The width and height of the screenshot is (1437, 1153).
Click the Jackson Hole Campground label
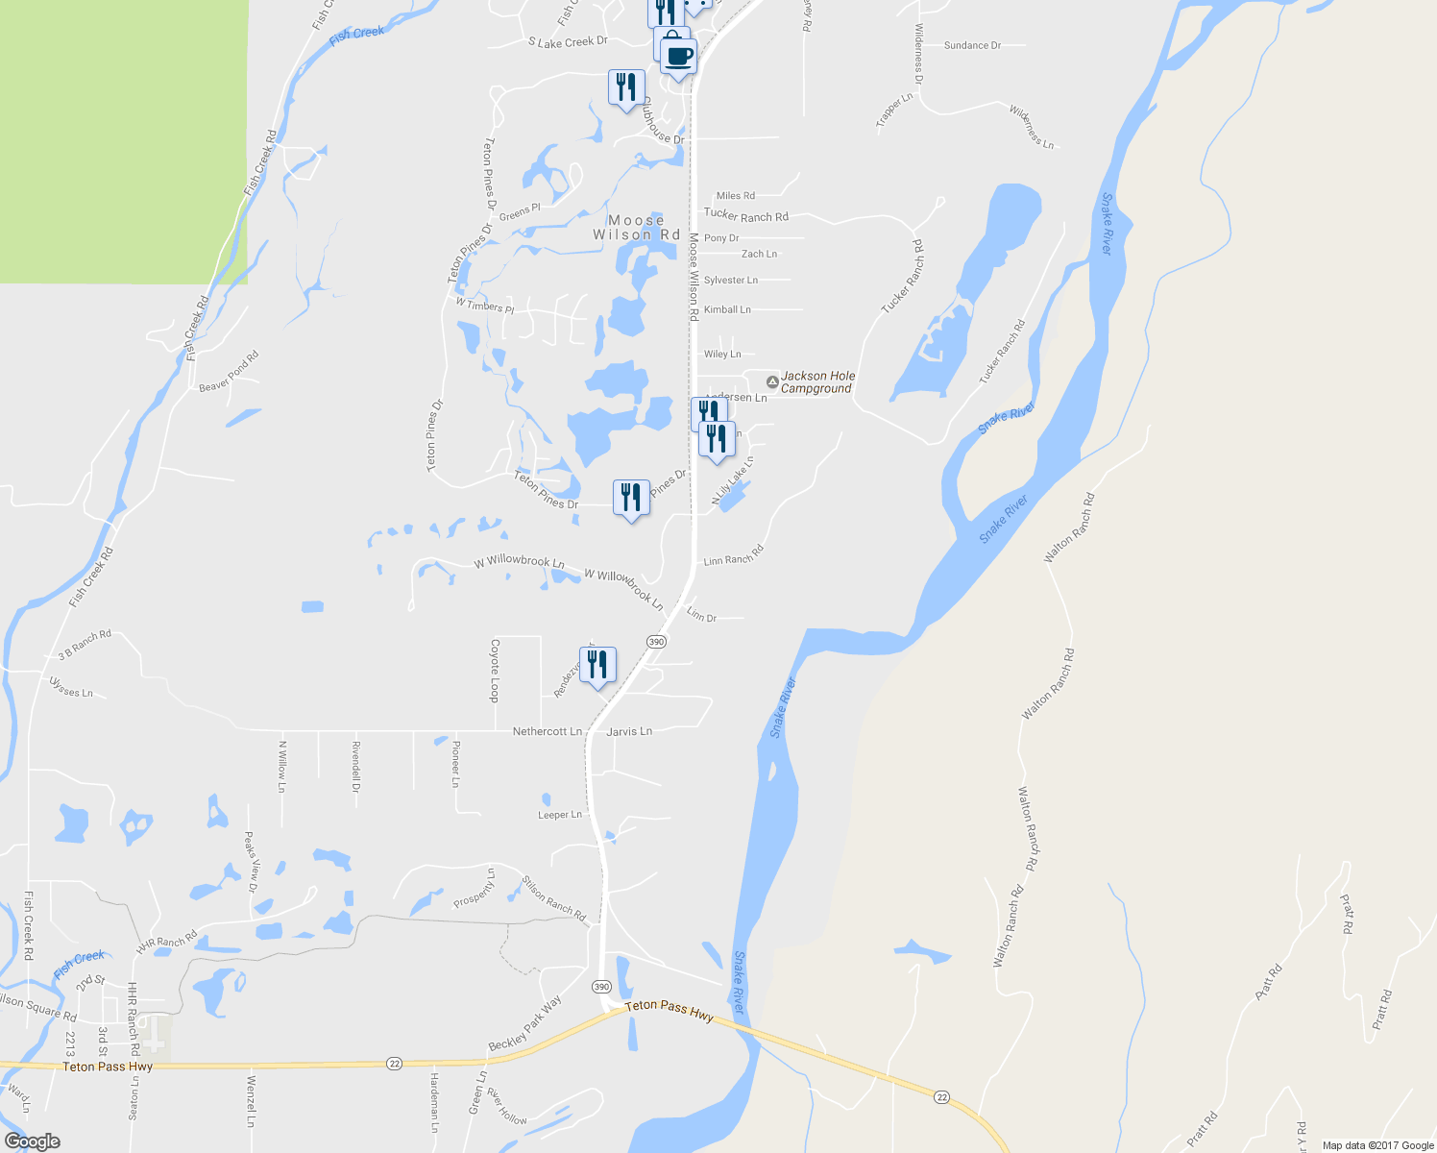[817, 382]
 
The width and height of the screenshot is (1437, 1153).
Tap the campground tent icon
[772, 381]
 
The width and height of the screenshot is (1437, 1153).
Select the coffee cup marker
[678, 56]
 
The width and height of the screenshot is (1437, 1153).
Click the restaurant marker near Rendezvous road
[597, 664]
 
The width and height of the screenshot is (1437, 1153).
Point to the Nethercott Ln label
[548, 731]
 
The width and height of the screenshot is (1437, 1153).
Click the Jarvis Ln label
[629, 731]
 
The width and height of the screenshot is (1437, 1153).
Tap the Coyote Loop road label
[496, 671]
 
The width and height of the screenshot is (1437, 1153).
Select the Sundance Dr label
[972, 45]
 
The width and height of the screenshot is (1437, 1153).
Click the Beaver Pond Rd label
[230, 372]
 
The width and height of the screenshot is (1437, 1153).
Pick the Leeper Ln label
[560, 815]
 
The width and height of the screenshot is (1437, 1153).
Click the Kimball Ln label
[727, 309]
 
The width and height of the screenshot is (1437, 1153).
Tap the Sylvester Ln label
[731, 281]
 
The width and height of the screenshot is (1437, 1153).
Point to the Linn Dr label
[702, 615]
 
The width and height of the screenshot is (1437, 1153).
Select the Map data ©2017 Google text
[1377, 1145]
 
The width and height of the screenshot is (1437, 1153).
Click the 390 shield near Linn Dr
[656, 642]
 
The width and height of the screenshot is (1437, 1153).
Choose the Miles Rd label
[736, 196]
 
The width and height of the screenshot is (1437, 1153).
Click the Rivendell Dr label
[355, 767]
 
